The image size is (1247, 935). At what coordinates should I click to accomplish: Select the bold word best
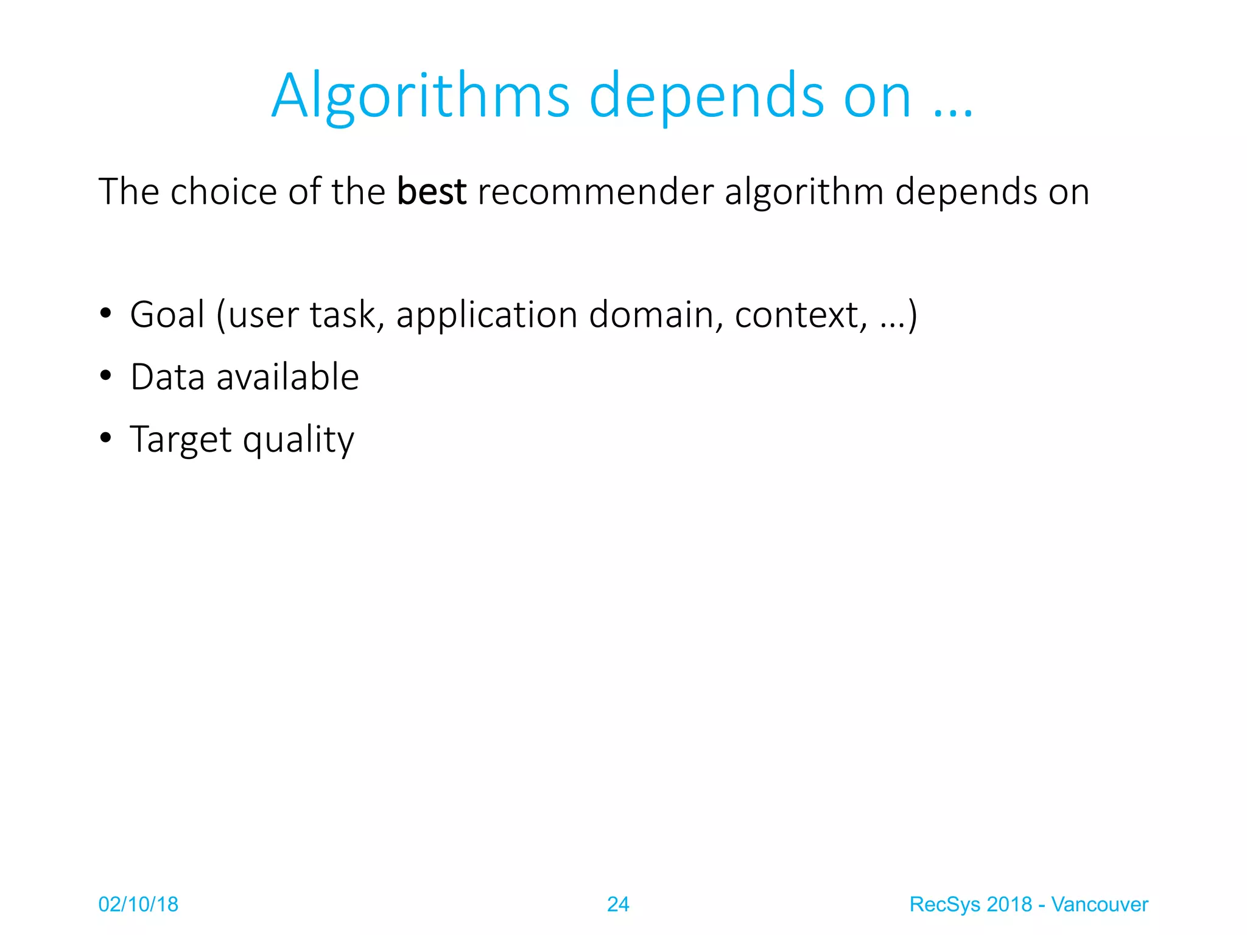(x=431, y=191)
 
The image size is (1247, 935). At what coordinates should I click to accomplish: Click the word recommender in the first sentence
(x=595, y=192)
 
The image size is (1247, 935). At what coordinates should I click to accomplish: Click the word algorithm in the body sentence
(x=804, y=194)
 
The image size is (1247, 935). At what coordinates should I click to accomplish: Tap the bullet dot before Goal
(x=106, y=314)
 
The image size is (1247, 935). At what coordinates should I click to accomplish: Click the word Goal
(x=167, y=315)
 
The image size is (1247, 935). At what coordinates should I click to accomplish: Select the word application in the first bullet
(x=487, y=316)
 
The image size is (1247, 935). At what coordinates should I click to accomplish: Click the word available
(x=287, y=377)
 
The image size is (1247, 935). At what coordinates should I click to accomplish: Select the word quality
(x=298, y=440)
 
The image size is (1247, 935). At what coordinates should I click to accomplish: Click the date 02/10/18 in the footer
(x=138, y=905)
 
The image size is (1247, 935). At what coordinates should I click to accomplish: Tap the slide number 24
(x=618, y=905)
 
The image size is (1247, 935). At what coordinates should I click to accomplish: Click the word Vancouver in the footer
(x=1099, y=905)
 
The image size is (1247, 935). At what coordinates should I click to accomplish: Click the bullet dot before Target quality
(x=106, y=438)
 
